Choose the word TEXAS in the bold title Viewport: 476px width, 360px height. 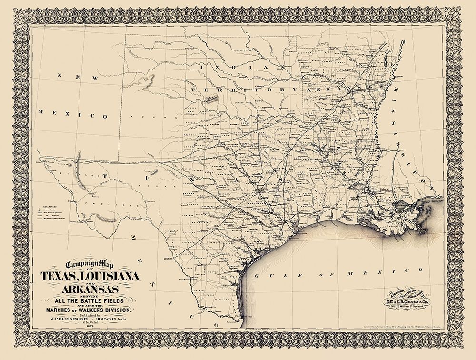pyautogui.click(x=58, y=276)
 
